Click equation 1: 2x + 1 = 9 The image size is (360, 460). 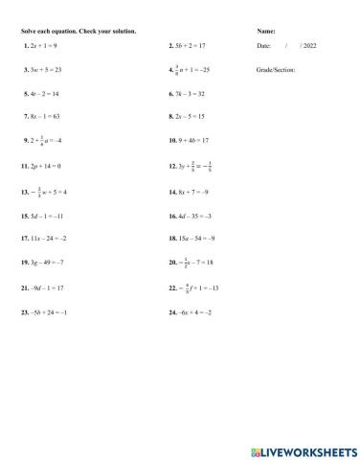click(41, 45)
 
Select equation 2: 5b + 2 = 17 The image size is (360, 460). click(189, 45)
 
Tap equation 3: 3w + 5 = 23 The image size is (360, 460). click(43, 70)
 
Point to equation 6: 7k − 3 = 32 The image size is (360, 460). click(189, 95)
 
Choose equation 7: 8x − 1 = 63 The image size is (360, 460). click(43, 115)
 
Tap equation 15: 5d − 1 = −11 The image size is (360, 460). click(43, 216)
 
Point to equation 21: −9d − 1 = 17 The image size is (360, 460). click(43, 287)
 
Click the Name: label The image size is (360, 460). click(267, 32)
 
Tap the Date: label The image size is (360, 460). click(264, 45)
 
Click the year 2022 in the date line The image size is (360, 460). click(308, 45)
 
